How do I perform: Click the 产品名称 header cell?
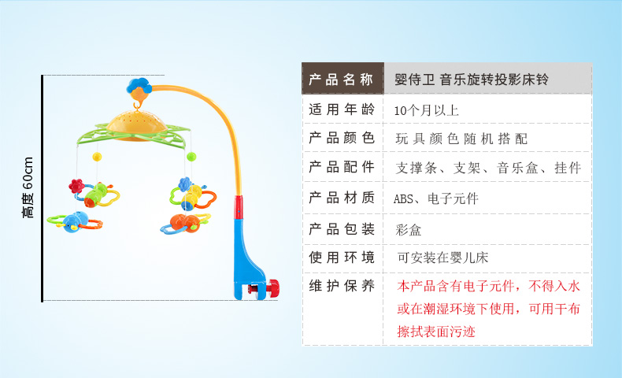pos(342,79)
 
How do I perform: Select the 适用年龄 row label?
pos(342,109)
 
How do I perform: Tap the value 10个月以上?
pos(426,110)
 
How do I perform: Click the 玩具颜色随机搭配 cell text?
pos(461,139)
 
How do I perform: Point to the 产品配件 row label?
pos(342,167)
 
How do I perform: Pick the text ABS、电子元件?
pos(436,198)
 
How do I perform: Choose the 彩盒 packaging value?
pos(408,230)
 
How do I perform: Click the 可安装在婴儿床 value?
pos(442,258)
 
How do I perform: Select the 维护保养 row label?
pos(342,286)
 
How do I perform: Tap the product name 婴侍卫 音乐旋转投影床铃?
pos(472,80)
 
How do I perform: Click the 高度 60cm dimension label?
pos(28,187)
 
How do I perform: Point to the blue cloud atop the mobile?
pos(139,85)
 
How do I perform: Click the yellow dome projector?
pos(136,124)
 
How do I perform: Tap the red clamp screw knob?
pos(272,287)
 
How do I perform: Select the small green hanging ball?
pos(191,156)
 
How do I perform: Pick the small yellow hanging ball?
pos(97,157)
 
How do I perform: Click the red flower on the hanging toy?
pos(76,186)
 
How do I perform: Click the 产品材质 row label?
pos(342,197)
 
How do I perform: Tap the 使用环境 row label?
pos(342,258)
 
